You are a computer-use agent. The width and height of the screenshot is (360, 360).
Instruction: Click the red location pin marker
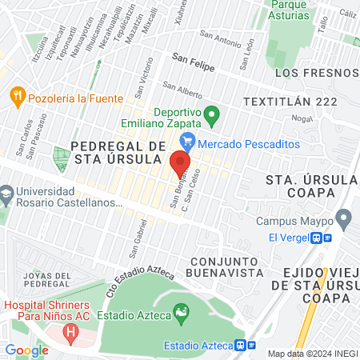(180, 164)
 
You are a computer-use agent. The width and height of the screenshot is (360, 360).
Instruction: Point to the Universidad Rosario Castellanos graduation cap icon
(7, 193)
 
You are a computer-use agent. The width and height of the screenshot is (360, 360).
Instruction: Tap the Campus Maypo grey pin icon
(344, 218)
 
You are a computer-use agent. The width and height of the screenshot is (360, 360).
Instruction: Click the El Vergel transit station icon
(322, 238)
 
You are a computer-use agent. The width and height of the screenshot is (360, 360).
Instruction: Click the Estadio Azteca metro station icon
(246, 346)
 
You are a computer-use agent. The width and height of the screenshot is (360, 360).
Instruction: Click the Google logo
(26, 350)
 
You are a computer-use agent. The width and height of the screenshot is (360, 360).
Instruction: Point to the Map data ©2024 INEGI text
(312, 354)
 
